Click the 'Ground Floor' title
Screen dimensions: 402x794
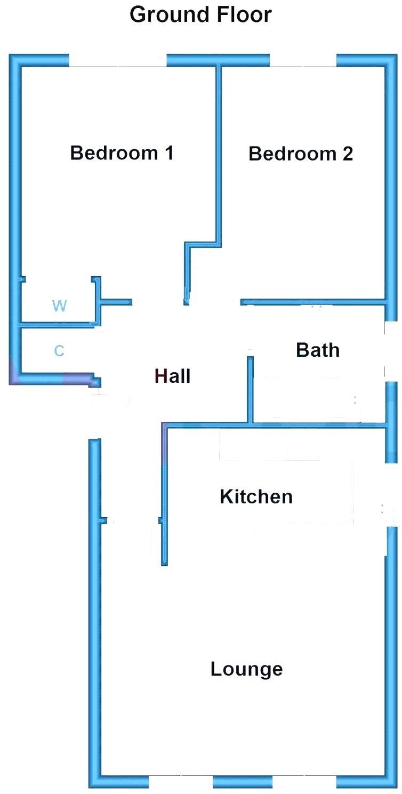point(200,15)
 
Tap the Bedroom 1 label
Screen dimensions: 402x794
point(122,153)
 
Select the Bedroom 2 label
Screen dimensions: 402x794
point(301,154)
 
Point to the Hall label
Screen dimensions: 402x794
point(172,376)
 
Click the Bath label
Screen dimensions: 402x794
point(317,350)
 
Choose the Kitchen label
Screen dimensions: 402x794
point(256,497)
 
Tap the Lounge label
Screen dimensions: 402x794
point(246,669)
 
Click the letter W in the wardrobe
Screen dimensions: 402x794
point(60,306)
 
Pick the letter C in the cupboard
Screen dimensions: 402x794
point(59,351)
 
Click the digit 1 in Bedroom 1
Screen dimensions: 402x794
point(168,153)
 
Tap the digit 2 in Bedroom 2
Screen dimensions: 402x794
point(347,154)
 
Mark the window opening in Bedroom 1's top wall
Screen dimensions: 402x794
point(118,60)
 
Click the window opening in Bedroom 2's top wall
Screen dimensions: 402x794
point(303,60)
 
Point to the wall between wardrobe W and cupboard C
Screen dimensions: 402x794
point(58,325)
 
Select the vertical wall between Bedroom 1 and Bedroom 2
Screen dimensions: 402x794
point(218,155)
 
